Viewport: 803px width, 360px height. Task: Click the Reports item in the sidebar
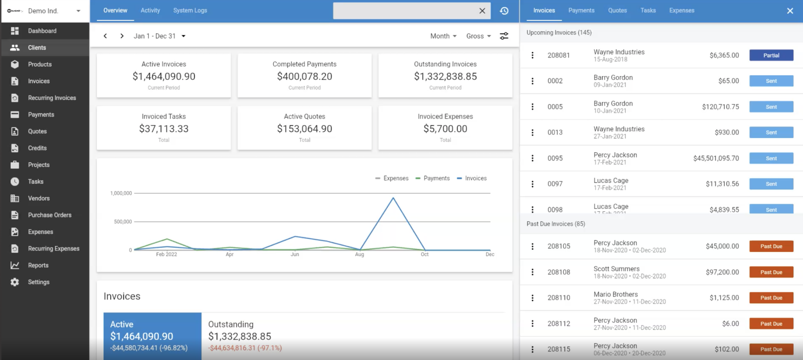38,265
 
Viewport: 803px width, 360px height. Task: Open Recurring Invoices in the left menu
52,98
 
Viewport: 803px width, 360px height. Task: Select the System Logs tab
190,11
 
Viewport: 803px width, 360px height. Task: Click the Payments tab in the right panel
581,11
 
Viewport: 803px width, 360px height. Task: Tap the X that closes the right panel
790,11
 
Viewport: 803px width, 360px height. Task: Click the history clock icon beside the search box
504,11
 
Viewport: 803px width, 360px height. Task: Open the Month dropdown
443,36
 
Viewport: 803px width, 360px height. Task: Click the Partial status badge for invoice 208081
771,55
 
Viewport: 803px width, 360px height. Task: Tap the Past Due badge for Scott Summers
771,272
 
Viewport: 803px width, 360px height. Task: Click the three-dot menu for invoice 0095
532,158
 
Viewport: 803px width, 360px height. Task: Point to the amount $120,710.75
720,107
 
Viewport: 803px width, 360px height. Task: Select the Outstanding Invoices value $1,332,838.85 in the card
445,76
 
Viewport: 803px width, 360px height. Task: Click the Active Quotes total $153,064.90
304,129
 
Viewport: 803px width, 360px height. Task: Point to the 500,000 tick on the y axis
123,222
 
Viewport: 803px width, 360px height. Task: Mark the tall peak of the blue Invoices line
393,198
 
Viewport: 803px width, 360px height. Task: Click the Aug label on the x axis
359,255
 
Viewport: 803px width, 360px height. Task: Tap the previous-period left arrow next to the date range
105,36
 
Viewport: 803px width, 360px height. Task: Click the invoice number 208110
559,298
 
